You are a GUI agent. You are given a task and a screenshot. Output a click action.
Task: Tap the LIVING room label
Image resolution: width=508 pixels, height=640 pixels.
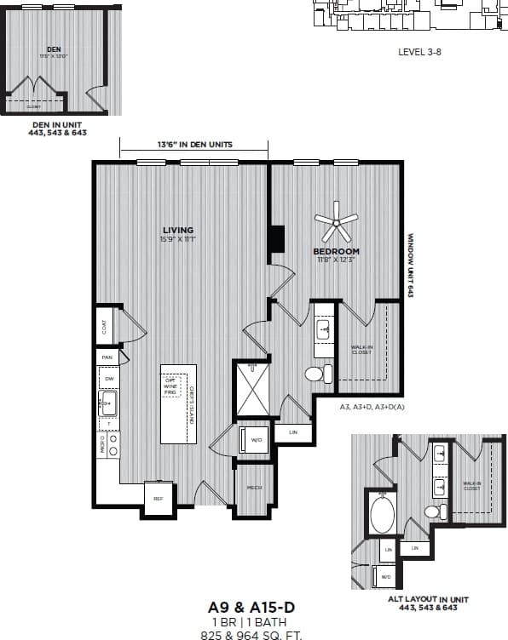coord(178,230)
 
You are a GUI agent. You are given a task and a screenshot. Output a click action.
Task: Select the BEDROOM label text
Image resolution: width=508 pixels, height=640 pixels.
coord(336,251)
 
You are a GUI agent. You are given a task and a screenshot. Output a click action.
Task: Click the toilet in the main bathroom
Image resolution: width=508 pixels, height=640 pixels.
coord(315,374)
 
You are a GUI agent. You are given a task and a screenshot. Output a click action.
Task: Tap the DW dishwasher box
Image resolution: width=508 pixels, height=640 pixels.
coord(108,380)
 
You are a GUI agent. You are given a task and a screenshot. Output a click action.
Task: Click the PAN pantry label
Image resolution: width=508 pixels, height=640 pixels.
coord(107,357)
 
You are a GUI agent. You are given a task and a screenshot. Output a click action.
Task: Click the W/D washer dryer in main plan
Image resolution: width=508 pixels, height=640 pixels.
coord(256,441)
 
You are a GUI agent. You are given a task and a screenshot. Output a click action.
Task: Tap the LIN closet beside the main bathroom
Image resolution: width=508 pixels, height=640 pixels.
coord(293,432)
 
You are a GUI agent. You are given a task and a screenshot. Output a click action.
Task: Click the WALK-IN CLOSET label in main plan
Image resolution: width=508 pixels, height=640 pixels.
coord(362,349)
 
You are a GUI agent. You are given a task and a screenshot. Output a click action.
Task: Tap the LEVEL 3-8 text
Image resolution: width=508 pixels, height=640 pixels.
coord(419,52)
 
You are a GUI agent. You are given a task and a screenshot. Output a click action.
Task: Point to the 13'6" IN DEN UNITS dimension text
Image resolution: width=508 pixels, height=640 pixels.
coord(195,145)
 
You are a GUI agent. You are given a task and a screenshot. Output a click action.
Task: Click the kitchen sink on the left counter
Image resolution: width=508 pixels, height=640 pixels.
coord(108,403)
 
